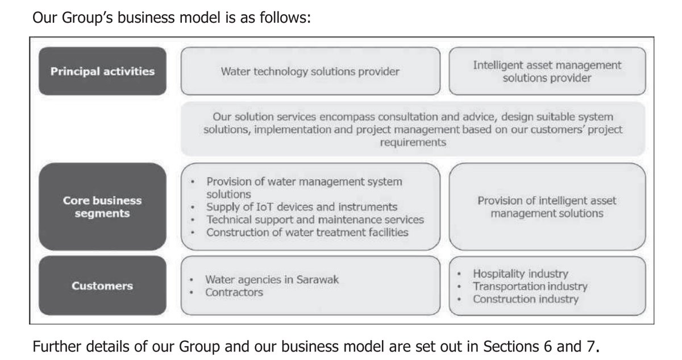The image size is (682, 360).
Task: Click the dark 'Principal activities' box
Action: [102, 72]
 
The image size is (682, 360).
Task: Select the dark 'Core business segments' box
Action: [102, 207]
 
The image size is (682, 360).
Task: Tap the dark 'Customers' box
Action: [102, 286]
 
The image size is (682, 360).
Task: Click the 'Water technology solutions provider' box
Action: [310, 72]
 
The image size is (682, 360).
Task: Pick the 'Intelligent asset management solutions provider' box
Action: [547, 72]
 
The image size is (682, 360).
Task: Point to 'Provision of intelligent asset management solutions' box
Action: [547, 207]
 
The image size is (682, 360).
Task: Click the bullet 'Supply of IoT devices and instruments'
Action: [302, 206]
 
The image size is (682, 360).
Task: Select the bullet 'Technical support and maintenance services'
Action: [315, 219]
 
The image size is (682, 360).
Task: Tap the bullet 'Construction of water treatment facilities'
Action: [307, 232]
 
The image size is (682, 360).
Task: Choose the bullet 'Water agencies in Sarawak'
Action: [272, 280]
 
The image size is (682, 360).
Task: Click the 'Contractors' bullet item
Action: [234, 292]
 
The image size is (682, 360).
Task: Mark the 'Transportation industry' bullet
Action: [530, 286]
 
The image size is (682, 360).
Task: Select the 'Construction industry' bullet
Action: [526, 299]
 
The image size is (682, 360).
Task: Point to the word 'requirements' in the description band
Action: [413, 143]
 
